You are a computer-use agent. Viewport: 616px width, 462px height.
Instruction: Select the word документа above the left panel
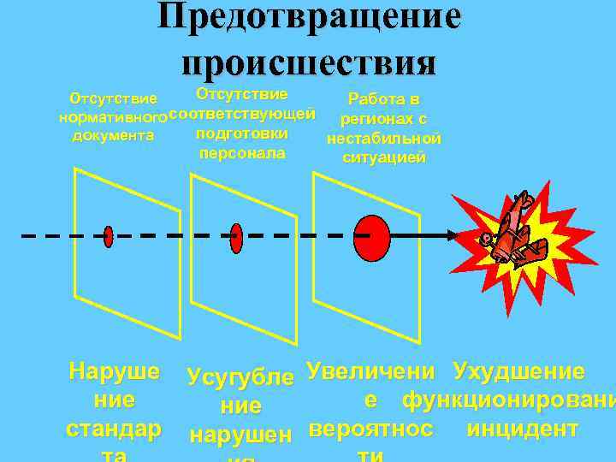113,135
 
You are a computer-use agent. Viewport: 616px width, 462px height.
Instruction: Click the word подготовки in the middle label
241,133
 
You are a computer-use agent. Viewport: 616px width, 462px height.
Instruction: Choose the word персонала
241,154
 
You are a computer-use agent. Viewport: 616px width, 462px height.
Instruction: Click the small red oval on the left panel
109,235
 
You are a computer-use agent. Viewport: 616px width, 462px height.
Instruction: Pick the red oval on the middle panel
237,234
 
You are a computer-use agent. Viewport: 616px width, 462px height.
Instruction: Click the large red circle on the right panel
371,234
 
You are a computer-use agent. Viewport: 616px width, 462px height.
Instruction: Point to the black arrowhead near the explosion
453,234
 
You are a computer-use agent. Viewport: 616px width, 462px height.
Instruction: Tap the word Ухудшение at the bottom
518,371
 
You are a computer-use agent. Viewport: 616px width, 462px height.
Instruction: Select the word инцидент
523,427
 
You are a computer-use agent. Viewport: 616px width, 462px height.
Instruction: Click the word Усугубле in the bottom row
241,376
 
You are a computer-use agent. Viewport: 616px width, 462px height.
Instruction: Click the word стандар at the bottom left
113,427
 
